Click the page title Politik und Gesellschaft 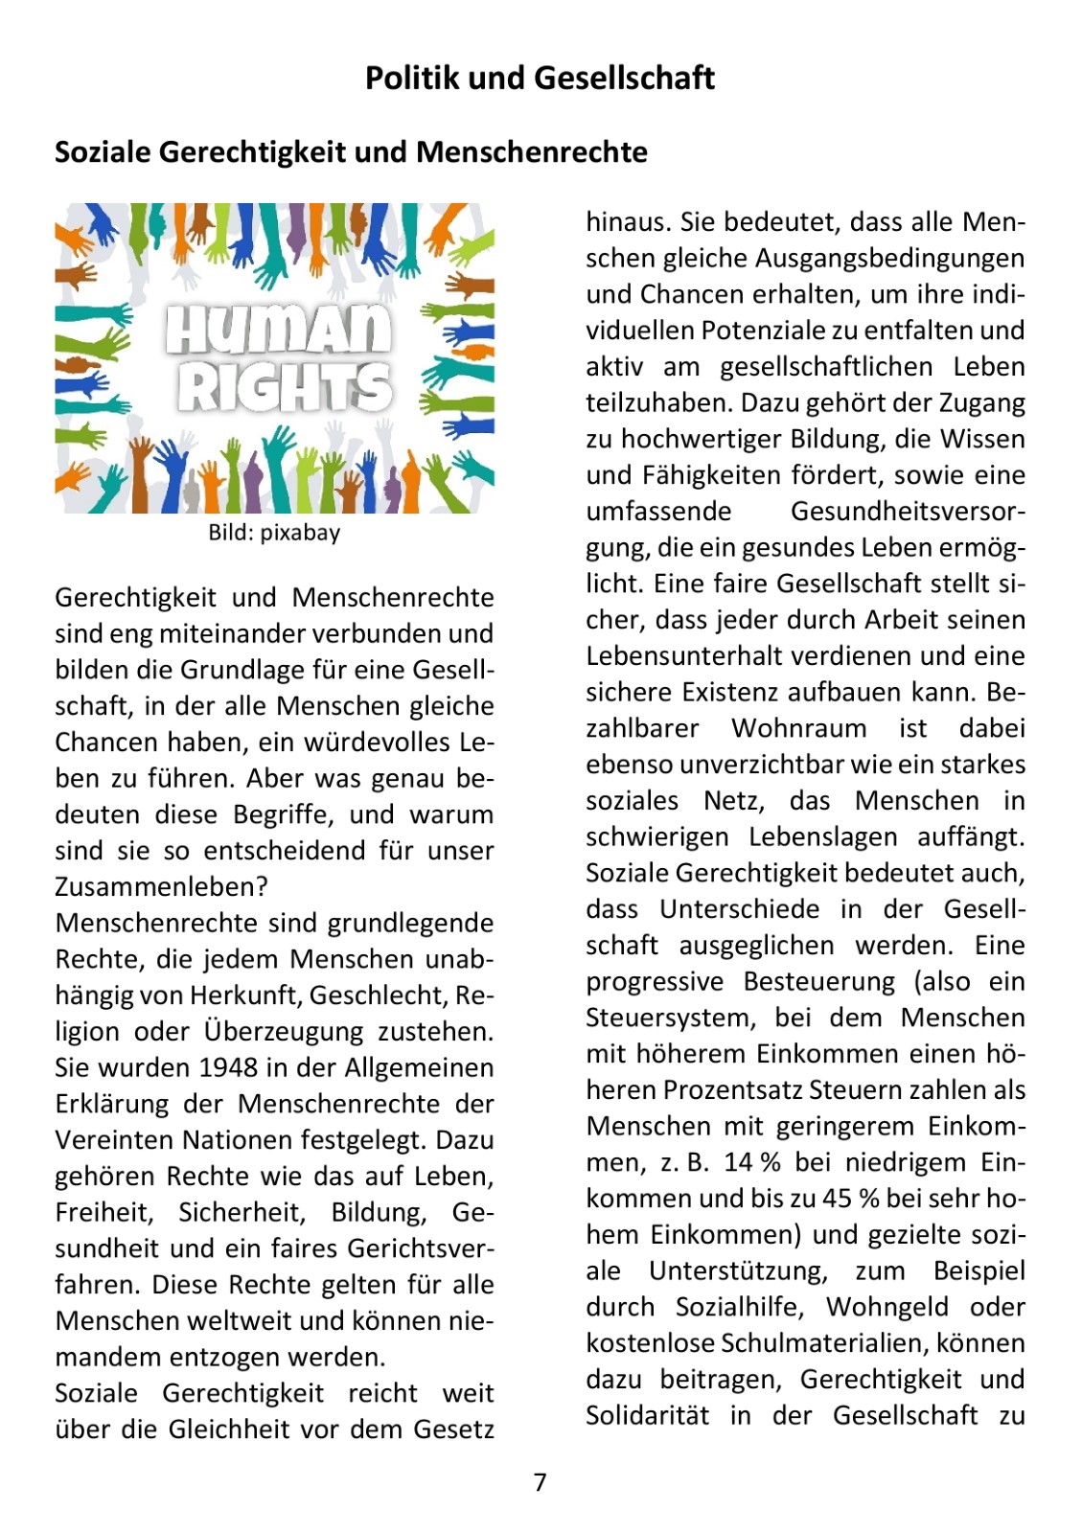click(x=540, y=78)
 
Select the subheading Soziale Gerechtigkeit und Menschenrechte click(x=351, y=151)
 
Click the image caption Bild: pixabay click(x=274, y=533)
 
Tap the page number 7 click(x=541, y=1482)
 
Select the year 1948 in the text click(x=229, y=1067)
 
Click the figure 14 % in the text click(x=752, y=1162)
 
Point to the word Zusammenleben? click(x=161, y=887)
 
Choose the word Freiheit click(x=104, y=1212)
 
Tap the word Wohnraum click(x=799, y=728)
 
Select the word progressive click(x=655, y=982)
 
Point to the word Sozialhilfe click(x=741, y=1307)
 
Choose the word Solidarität click(x=648, y=1415)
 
